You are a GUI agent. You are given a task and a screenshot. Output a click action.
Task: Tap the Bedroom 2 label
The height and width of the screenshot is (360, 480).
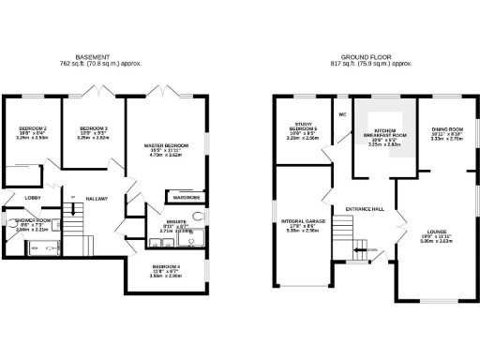(32, 127)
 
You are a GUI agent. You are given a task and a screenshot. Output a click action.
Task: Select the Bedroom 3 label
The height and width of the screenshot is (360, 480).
(94, 127)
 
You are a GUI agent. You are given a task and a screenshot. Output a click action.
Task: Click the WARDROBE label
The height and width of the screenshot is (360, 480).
(182, 198)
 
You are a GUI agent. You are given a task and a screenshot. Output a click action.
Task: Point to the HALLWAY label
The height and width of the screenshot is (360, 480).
(97, 198)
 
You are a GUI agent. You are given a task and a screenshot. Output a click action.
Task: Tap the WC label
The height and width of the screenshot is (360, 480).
(343, 114)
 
